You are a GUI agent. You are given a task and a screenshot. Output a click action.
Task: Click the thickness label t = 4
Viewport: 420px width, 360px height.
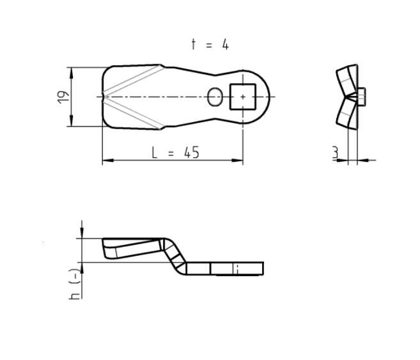coord(209,44)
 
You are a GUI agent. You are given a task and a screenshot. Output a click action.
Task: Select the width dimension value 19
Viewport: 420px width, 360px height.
coord(63,97)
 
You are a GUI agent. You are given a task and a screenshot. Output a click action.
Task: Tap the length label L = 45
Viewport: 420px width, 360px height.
coord(175,152)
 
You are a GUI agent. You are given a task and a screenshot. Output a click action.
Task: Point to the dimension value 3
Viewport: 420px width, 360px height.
coord(334,152)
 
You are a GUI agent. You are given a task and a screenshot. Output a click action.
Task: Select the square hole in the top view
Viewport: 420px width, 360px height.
coord(242,97)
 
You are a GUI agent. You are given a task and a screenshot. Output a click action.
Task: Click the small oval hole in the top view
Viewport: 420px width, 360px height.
coord(215,97)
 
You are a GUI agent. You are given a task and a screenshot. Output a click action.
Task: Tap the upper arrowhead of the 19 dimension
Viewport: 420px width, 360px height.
coord(72,71)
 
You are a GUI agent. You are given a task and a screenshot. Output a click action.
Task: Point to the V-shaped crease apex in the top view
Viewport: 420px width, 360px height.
coord(106,97)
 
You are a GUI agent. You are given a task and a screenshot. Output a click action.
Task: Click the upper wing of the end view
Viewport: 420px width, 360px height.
coord(345,79)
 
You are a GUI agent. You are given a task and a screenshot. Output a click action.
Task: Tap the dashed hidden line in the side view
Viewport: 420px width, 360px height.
coord(237,268)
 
